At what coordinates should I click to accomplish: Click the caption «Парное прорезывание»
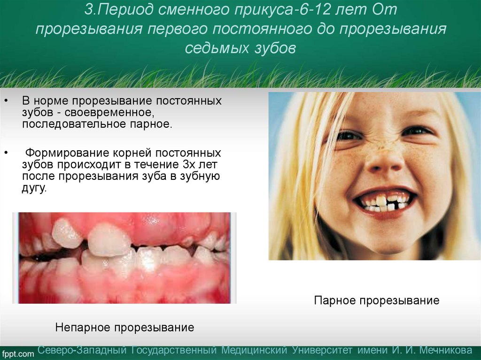point(377,300)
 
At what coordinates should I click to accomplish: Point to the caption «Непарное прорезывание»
point(124,327)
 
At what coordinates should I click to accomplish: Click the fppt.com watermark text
point(18,353)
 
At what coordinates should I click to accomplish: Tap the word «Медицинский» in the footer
point(254,351)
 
